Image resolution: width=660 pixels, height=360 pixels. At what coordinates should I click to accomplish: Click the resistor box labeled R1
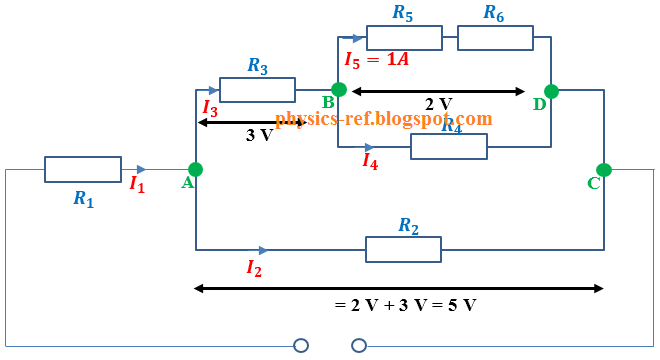83,169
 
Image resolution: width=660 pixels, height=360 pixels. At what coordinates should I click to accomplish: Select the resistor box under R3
257,90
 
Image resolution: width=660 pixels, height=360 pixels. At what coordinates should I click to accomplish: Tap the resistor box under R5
404,38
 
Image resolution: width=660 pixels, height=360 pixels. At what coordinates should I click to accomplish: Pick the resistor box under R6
495,38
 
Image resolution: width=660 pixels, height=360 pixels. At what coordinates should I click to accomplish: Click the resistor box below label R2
403,249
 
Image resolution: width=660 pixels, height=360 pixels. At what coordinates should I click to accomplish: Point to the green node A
195,169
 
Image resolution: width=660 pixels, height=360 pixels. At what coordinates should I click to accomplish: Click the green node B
339,90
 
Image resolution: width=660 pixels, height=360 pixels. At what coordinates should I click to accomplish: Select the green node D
551,91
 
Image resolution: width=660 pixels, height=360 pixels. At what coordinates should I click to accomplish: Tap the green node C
604,169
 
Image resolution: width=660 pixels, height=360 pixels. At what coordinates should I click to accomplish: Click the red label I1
137,184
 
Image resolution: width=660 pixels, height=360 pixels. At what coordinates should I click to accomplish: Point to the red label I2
254,267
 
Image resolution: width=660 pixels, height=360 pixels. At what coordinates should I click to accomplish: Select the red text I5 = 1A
377,59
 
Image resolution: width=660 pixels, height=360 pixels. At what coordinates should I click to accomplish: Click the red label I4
370,160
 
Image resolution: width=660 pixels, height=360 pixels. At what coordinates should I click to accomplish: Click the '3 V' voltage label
259,135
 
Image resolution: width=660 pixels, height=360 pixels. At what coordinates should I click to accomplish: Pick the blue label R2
408,226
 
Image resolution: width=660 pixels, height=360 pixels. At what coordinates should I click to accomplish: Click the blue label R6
494,12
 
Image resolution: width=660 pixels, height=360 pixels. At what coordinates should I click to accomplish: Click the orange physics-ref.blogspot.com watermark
384,119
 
